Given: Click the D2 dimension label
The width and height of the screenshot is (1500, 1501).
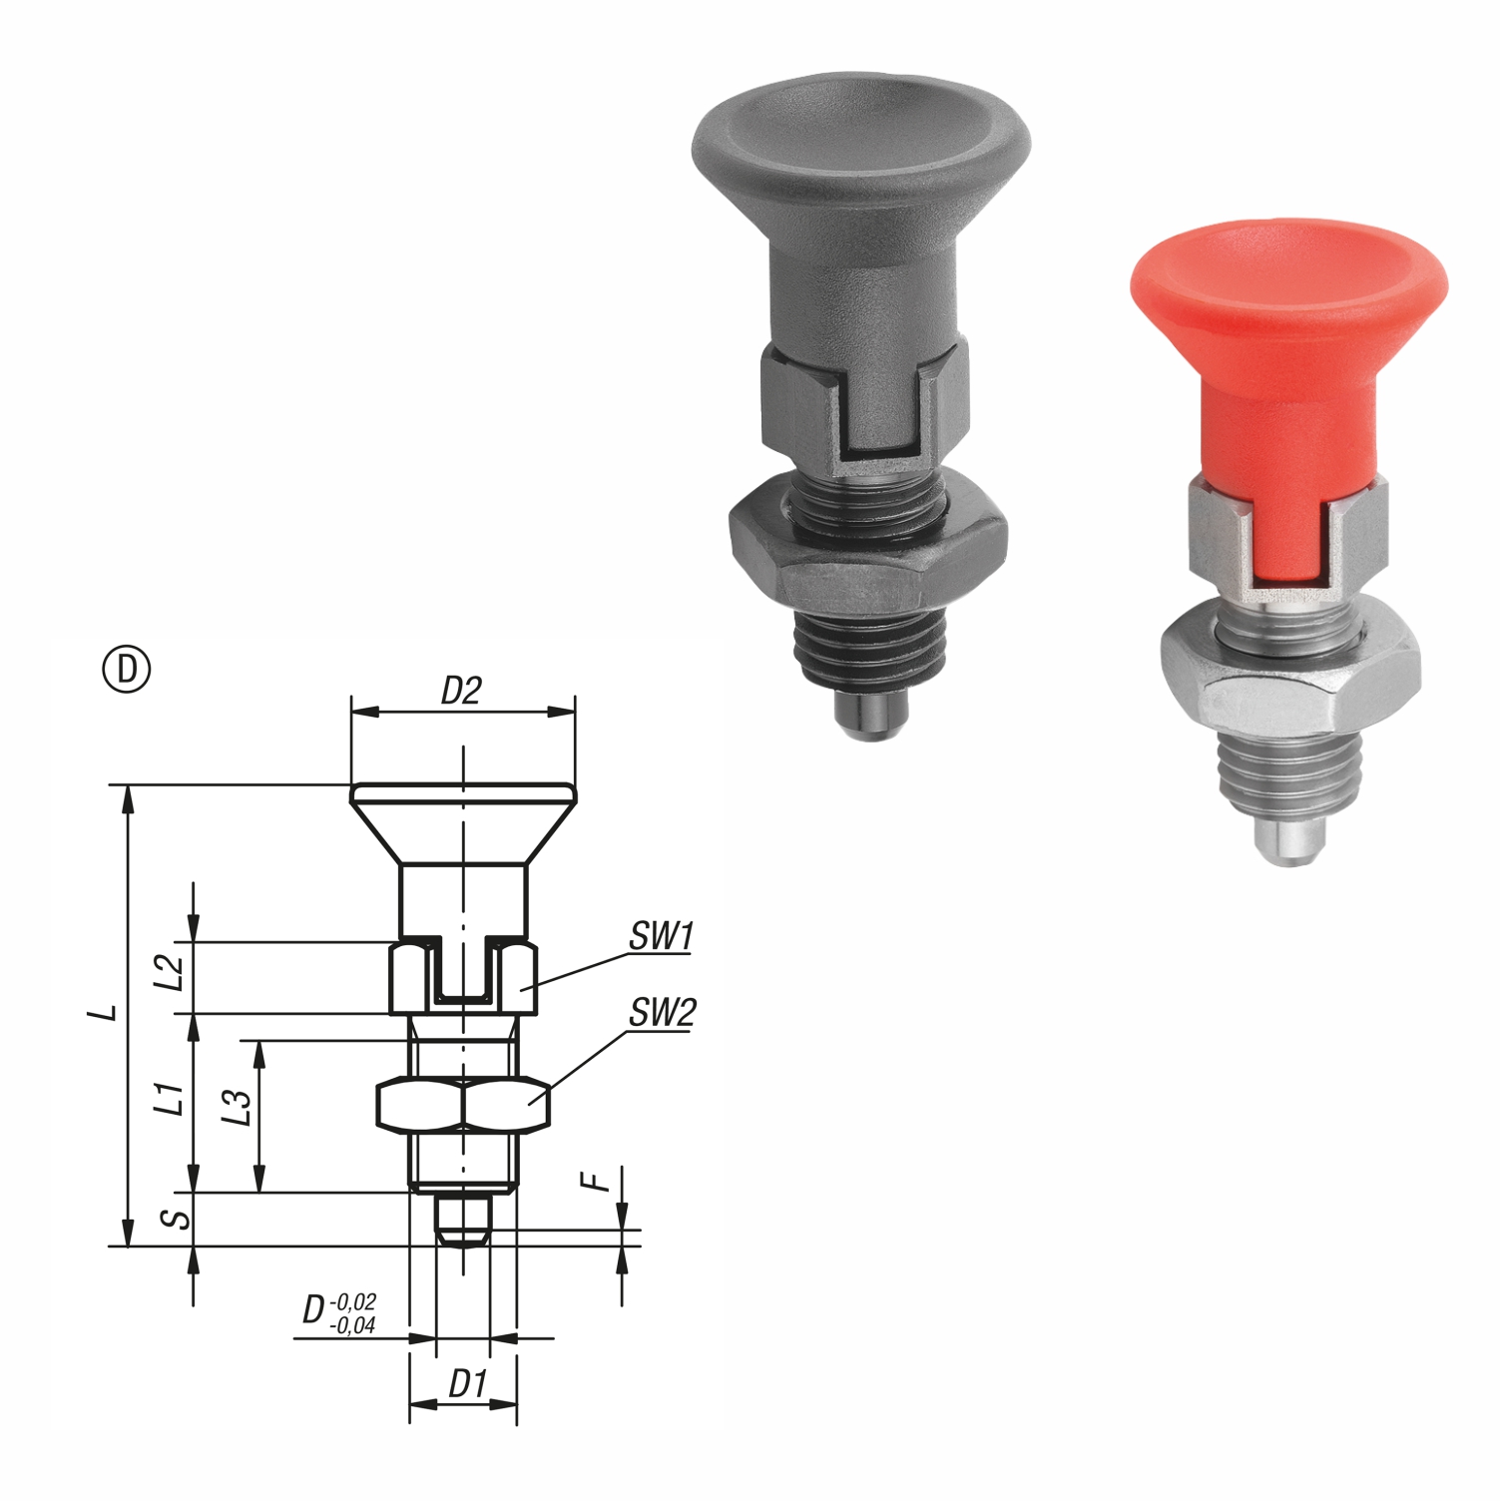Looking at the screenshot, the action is tap(461, 691).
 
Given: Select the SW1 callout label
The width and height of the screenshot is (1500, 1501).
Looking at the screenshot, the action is tap(661, 936).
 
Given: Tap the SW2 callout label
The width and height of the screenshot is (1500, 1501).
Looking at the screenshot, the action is tap(662, 1013).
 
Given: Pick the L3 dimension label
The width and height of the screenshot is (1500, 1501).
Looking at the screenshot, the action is tap(238, 1108).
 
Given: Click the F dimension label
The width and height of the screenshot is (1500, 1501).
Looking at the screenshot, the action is tap(596, 1182).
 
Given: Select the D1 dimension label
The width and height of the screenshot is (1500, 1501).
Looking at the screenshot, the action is tap(466, 1384).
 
